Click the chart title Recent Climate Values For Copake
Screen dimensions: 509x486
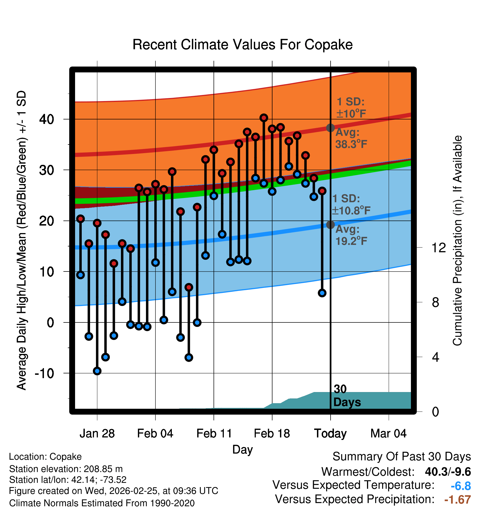(x=242, y=45)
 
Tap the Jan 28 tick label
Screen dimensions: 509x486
(x=97, y=434)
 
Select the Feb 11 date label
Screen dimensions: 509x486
(x=214, y=434)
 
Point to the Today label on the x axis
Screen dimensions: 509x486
(x=330, y=434)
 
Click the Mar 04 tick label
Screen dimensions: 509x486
(x=388, y=434)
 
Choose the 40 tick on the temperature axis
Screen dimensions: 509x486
(x=46, y=119)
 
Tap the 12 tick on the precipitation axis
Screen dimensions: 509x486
(x=438, y=248)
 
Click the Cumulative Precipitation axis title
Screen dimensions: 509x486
(x=457, y=241)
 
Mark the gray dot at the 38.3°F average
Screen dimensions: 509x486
(x=330, y=128)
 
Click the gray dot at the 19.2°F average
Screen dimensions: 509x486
(x=330, y=225)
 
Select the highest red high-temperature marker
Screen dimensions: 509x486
(x=264, y=118)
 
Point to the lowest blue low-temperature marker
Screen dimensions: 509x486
(x=97, y=371)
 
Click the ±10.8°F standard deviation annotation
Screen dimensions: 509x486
(x=351, y=211)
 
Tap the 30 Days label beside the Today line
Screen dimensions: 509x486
(x=346, y=396)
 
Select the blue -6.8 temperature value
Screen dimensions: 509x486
(x=461, y=486)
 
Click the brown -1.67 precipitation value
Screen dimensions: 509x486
(x=458, y=500)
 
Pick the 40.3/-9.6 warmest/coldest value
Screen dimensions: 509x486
(x=448, y=472)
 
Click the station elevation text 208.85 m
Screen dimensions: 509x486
(x=103, y=469)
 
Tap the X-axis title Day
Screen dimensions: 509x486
(x=242, y=449)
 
